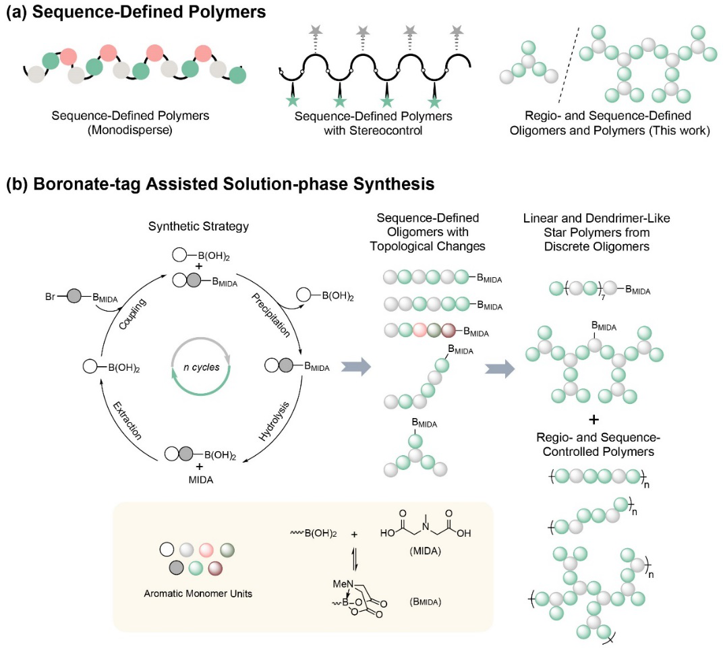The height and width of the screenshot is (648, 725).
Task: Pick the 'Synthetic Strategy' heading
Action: coord(199,227)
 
